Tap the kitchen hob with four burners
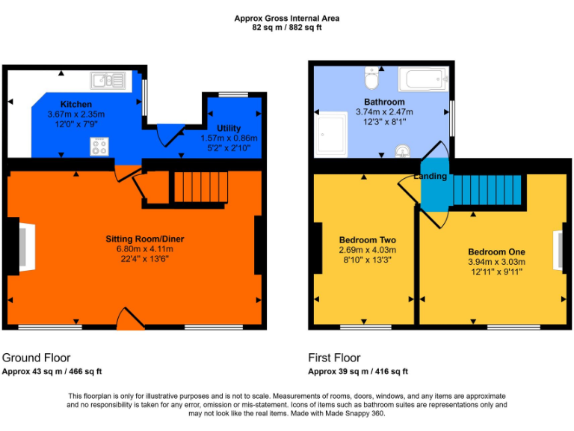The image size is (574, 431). coord(99,147)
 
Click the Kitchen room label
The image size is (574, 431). coord(76,104)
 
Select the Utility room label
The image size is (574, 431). coord(229,129)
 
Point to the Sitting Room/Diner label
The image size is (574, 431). coord(144,239)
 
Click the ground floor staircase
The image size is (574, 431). coord(200,187)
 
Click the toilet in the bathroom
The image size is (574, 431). coord(371,77)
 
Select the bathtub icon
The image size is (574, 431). coord(423,79)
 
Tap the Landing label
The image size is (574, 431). coord(430,177)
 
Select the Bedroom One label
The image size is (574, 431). coord(496,251)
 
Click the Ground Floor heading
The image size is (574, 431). coord(37,358)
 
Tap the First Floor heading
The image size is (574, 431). coord(334,358)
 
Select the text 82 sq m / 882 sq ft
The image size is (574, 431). coord(286,28)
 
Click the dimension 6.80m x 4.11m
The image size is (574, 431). coord(144,249)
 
